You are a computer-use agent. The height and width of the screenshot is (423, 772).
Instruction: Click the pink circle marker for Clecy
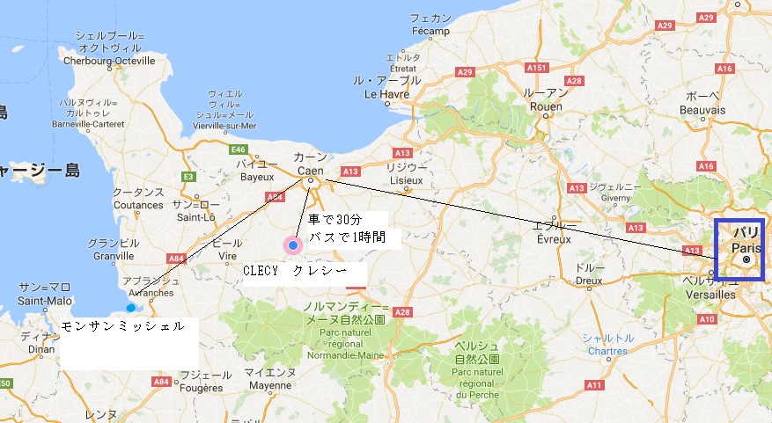(x=292, y=245)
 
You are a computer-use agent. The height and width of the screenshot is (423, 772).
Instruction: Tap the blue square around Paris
(x=739, y=249)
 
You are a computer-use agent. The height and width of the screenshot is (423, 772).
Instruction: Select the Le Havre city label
(x=382, y=94)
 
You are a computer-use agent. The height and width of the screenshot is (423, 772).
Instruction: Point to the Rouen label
(x=546, y=106)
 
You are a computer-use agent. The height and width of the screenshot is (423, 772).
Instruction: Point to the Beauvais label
(x=702, y=110)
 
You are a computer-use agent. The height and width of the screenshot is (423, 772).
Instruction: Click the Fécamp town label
(x=430, y=31)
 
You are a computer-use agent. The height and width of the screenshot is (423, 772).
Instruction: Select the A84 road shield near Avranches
(x=174, y=259)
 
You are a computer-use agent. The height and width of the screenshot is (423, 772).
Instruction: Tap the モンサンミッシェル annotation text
(x=123, y=325)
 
